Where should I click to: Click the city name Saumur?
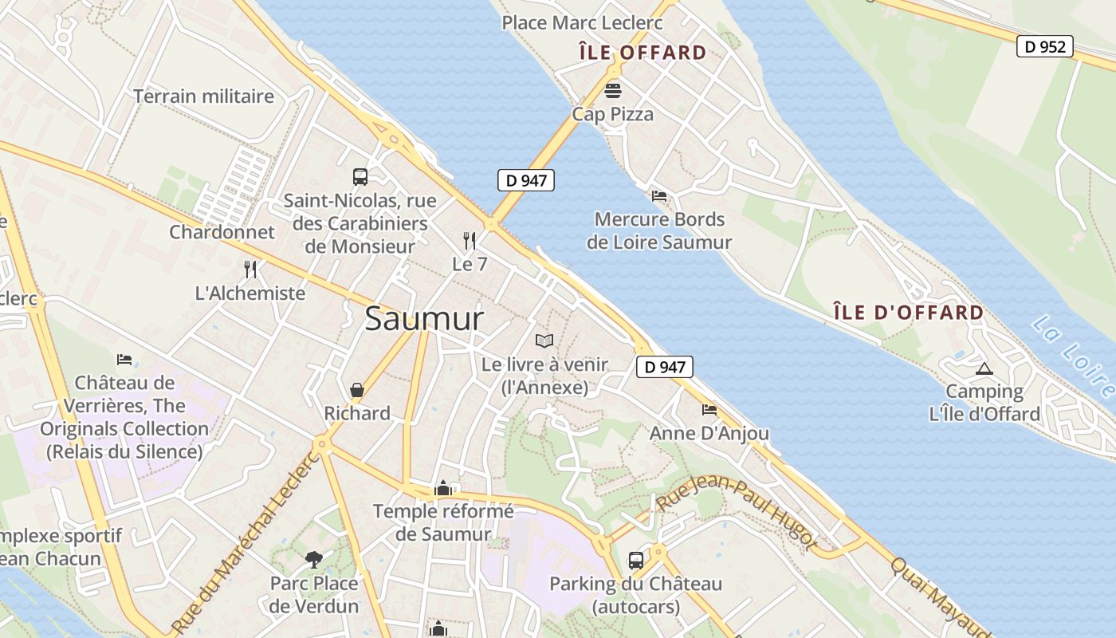pyautogui.click(x=424, y=320)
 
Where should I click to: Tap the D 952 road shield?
pyautogui.click(x=1044, y=46)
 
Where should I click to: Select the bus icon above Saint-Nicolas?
pyautogui.click(x=360, y=176)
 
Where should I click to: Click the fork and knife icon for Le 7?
pyautogui.click(x=470, y=240)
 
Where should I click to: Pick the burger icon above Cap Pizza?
pyautogui.click(x=613, y=89)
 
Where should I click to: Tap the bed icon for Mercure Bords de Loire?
pyautogui.click(x=659, y=195)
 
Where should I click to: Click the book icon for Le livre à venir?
pyautogui.click(x=544, y=341)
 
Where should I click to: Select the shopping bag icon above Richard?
pyautogui.click(x=357, y=390)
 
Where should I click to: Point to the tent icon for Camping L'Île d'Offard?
pyautogui.click(x=984, y=368)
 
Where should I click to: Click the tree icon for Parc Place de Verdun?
pyautogui.click(x=314, y=559)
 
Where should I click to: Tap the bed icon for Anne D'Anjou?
pyautogui.click(x=709, y=410)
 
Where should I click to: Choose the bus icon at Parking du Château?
pyautogui.click(x=636, y=560)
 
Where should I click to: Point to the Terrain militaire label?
pyautogui.click(x=203, y=96)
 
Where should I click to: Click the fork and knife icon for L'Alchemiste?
pyautogui.click(x=250, y=269)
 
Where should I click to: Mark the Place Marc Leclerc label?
pyautogui.click(x=582, y=22)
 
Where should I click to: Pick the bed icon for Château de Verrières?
pyautogui.click(x=124, y=360)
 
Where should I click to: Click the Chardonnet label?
pyautogui.click(x=222, y=232)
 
